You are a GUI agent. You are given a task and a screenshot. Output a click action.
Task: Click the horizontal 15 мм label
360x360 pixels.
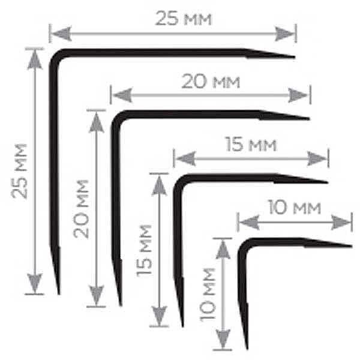point(250,145)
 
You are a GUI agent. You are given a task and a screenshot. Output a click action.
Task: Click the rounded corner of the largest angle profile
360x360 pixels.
point(55,55)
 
